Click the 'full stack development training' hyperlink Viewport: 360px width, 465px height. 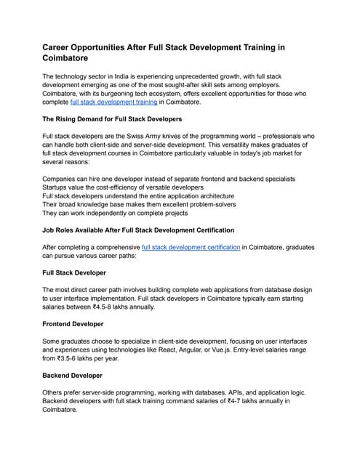[113, 102]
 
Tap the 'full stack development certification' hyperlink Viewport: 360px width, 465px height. [191, 248]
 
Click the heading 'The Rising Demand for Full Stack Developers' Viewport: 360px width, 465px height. [112, 118]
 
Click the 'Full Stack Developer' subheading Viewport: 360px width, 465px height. [74, 272]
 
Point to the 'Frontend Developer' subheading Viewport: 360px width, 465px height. [73, 324]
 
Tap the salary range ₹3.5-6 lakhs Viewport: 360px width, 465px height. [80, 359]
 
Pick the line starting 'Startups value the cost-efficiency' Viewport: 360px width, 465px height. [123, 187]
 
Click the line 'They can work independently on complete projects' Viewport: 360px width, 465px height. [119, 214]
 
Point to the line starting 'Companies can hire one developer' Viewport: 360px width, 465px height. [169, 178]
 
